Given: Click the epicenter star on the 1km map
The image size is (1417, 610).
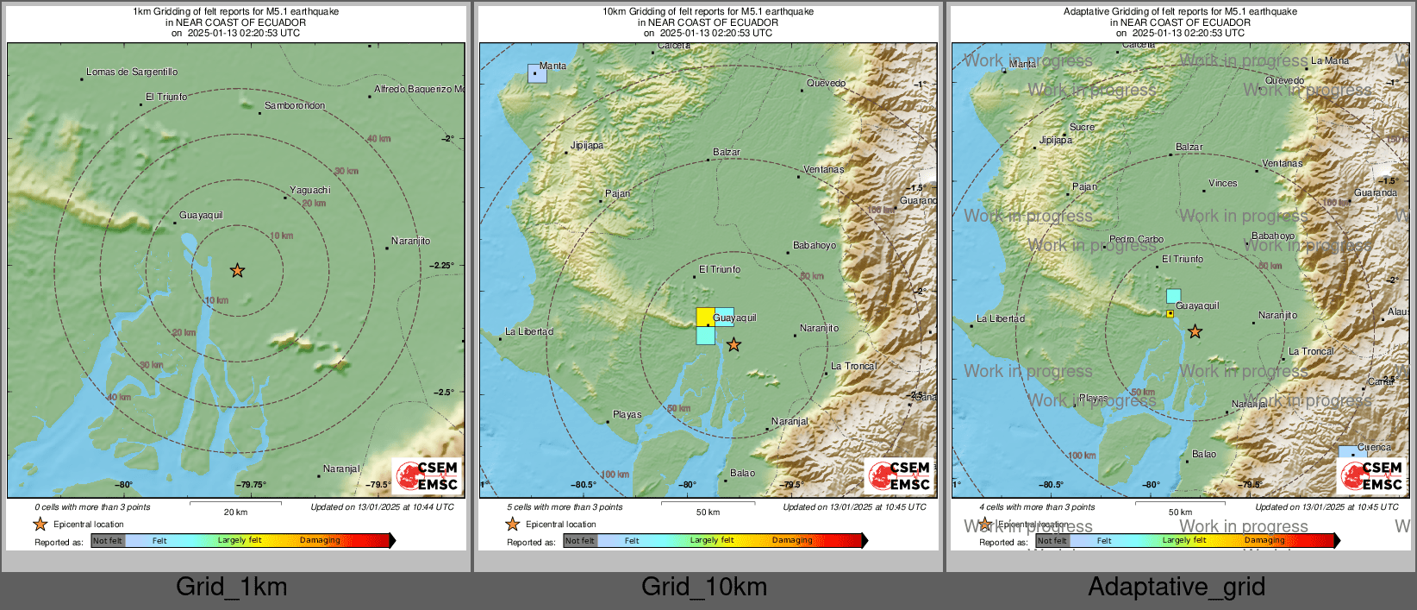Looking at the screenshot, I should [x=237, y=271].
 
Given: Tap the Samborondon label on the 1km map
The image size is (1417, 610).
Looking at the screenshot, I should [x=295, y=106].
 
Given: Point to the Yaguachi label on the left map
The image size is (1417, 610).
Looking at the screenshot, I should [x=309, y=191].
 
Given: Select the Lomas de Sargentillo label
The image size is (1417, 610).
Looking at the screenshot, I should [x=132, y=72].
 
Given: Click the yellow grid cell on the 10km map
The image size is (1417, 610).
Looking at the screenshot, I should [x=705, y=316].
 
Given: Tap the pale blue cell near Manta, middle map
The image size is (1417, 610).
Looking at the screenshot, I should [x=537, y=74].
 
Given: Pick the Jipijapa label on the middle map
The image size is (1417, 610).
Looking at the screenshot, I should [x=587, y=146].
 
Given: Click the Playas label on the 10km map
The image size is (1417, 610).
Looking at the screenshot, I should [x=627, y=415].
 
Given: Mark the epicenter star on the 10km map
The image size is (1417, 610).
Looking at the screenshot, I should [x=733, y=345].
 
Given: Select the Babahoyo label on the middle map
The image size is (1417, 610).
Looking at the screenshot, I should [x=815, y=246].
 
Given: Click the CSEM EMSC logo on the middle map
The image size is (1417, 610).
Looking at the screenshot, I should [x=898, y=475].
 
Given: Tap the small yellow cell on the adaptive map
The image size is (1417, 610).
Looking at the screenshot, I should [x=1170, y=314].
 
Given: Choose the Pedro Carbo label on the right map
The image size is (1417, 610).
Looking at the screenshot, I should [x=1136, y=240].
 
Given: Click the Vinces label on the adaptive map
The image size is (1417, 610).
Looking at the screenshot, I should [x=1222, y=184].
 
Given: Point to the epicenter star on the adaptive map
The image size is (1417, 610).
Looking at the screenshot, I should [x=1195, y=331].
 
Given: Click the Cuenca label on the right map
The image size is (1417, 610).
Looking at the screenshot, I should [x=1374, y=448].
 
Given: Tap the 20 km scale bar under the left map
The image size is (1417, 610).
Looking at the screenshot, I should [x=235, y=501].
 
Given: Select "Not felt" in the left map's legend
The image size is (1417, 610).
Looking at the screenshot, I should [x=108, y=541].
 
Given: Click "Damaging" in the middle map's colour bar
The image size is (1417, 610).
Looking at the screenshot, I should [x=792, y=541].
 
